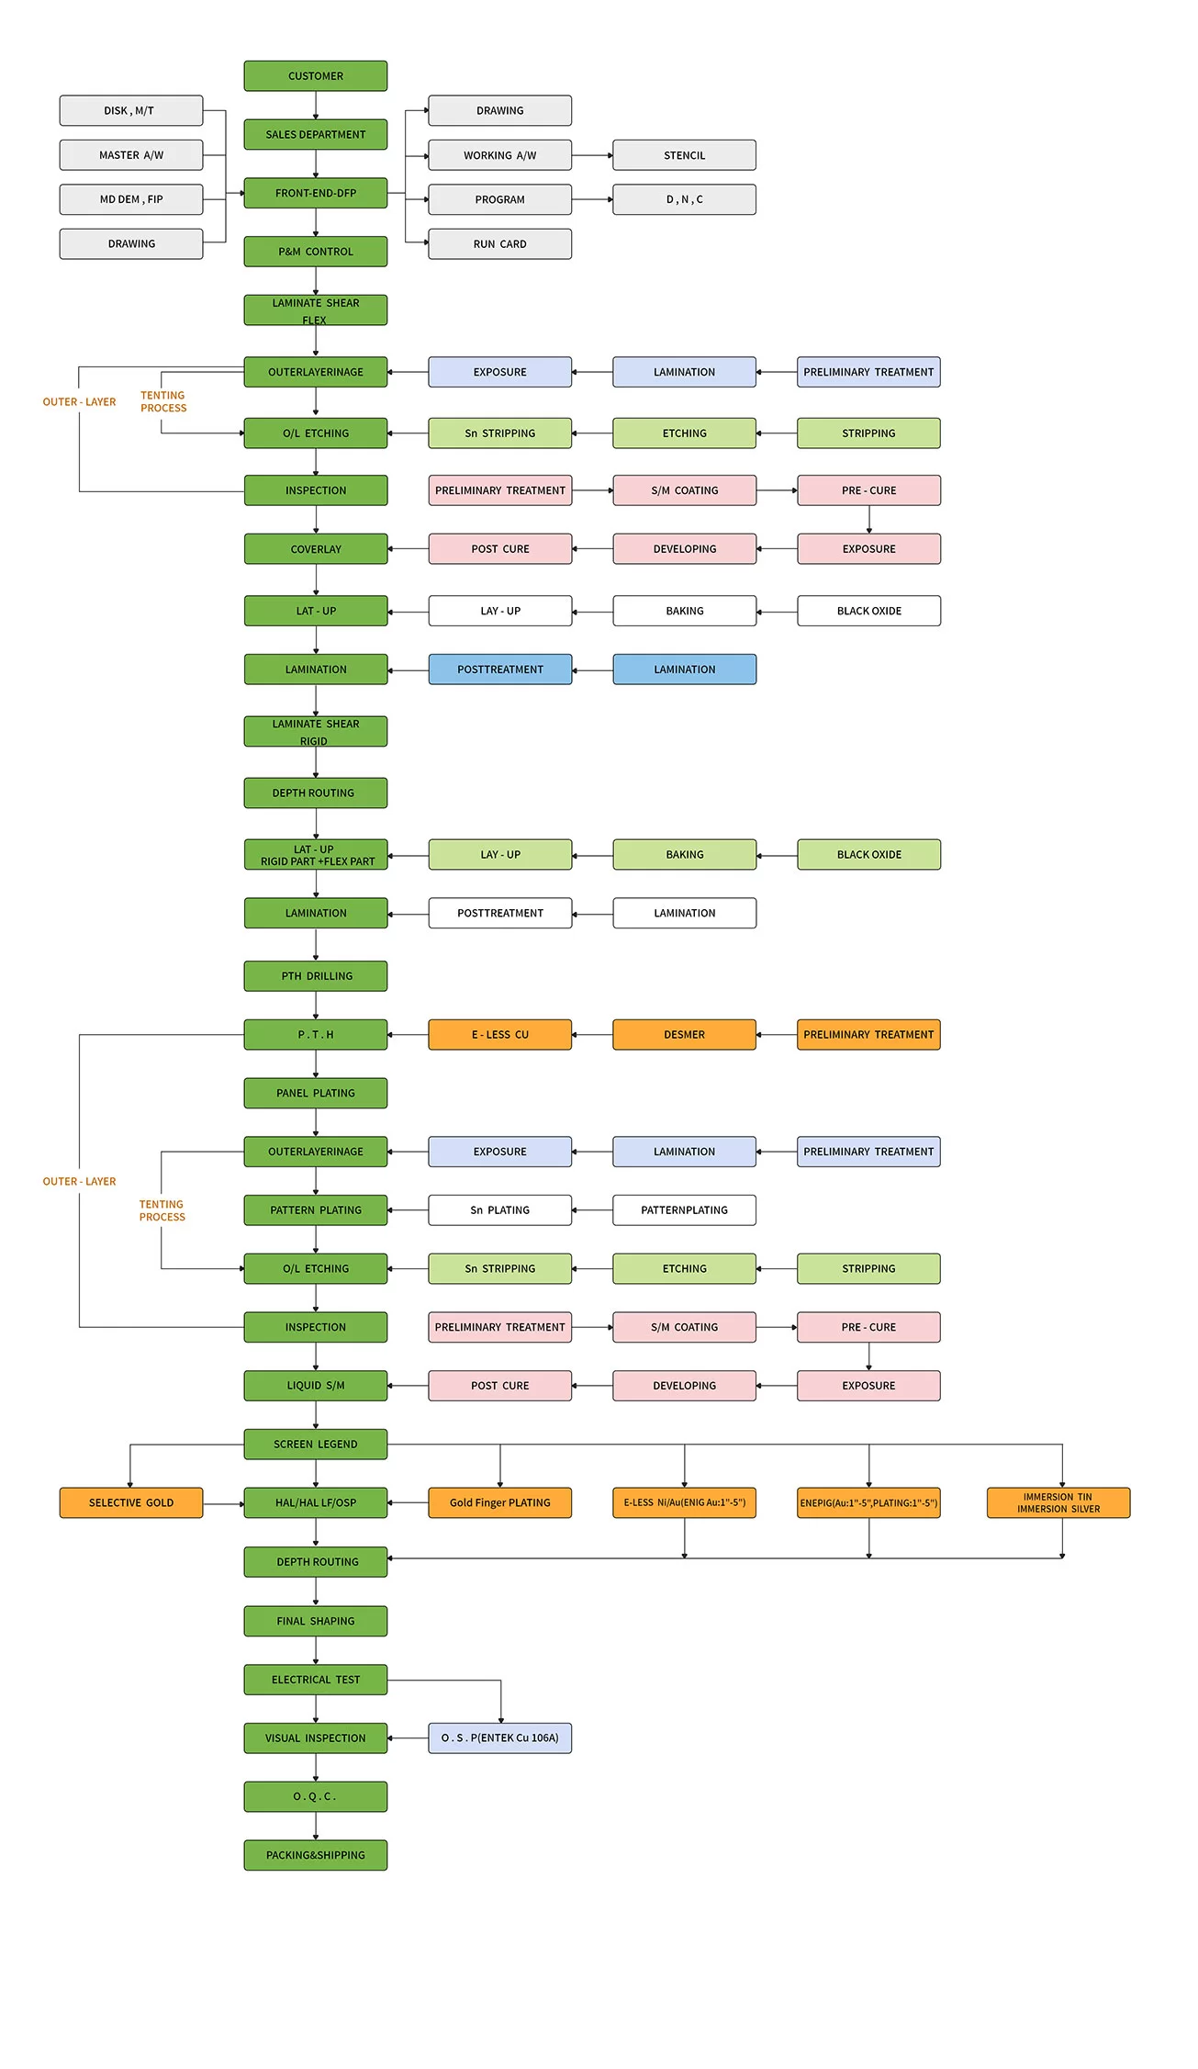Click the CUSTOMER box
(315, 76)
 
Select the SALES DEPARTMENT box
(315, 134)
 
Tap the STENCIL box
(684, 155)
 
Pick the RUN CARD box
(499, 244)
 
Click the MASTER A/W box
(131, 155)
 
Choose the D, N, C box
(684, 199)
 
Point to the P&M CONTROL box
(315, 252)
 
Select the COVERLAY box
(315, 549)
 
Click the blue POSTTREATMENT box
(499, 669)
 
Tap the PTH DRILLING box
(315, 976)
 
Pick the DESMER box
(684, 1035)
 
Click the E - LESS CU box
(499, 1035)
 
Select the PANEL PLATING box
(315, 1093)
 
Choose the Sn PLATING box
(499, 1210)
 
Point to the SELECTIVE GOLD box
(131, 1502)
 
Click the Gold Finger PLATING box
(499, 1502)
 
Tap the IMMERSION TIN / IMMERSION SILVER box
(1058, 1502)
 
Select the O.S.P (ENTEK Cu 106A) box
(499, 1737)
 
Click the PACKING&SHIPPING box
(315, 1855)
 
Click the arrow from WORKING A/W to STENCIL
(592, 155)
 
